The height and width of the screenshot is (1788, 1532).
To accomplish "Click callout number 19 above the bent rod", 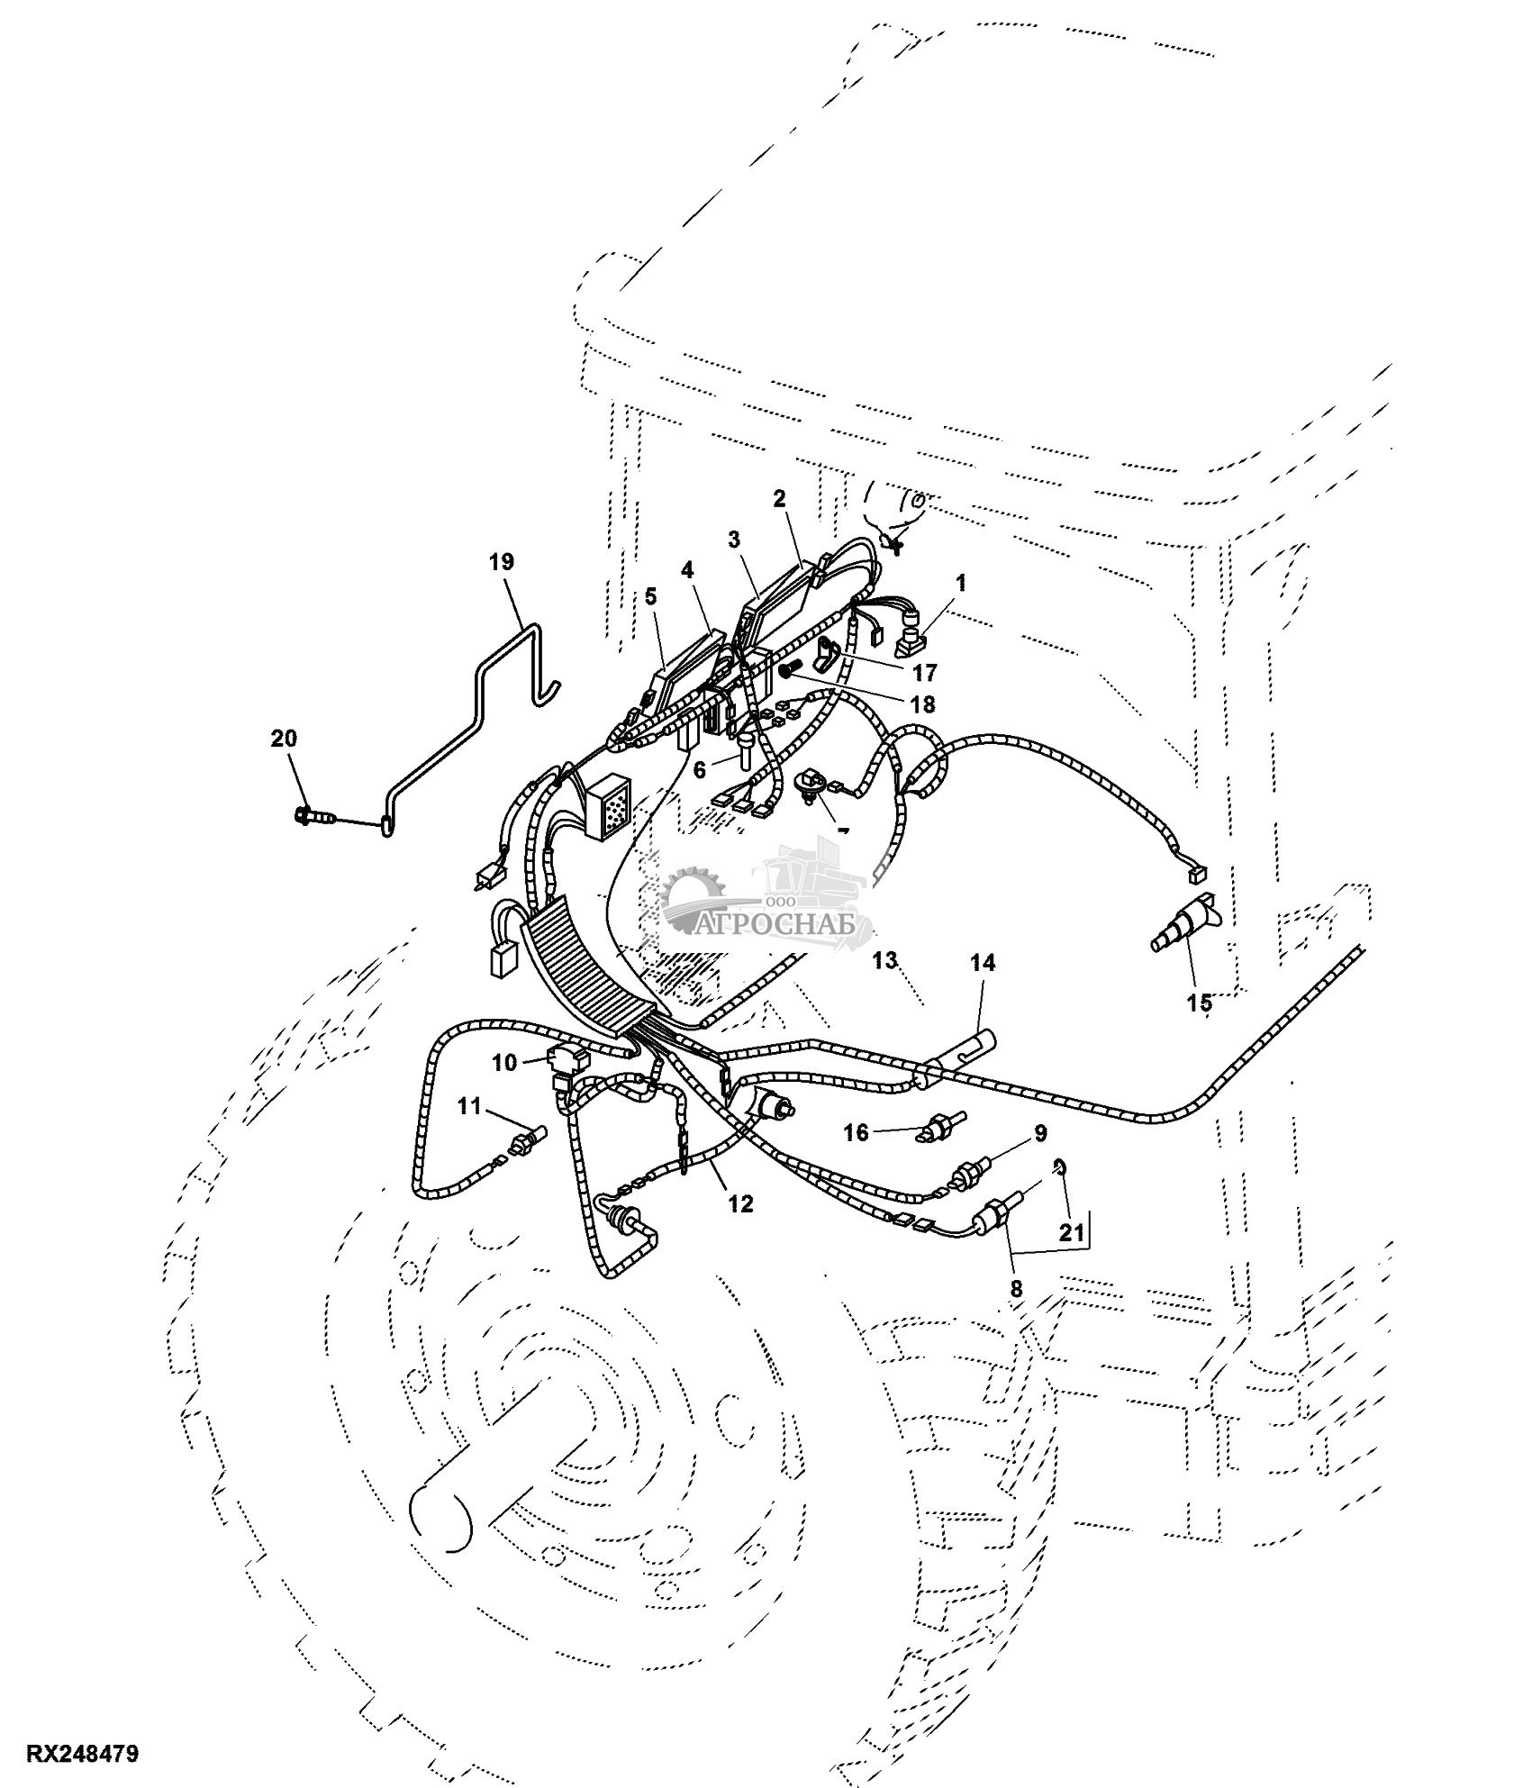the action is point(502,562).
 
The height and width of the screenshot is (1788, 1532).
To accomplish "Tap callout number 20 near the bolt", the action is point(284,739).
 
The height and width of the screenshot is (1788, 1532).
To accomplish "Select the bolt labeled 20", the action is point(313,817).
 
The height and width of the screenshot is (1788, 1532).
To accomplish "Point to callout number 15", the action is point(1200,1003).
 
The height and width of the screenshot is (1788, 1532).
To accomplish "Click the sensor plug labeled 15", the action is point(1183,923).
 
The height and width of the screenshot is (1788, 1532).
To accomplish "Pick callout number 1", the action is point(961,583).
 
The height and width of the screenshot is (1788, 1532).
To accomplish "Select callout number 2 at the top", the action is point(779,498).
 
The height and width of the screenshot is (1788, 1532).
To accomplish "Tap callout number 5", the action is point(651,596).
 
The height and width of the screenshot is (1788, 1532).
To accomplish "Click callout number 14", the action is point(983,963).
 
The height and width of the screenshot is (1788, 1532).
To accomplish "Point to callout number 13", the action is point(885,960).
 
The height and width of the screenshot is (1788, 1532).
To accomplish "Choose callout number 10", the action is point(505,1063).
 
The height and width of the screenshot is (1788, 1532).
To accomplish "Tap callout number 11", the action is point(469,1107).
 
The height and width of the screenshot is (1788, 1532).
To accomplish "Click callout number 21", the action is point(1071,1233).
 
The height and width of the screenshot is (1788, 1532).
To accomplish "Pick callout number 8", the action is point(1016,1289).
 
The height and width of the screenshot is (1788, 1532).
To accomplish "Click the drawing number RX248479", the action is point(83,1755).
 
